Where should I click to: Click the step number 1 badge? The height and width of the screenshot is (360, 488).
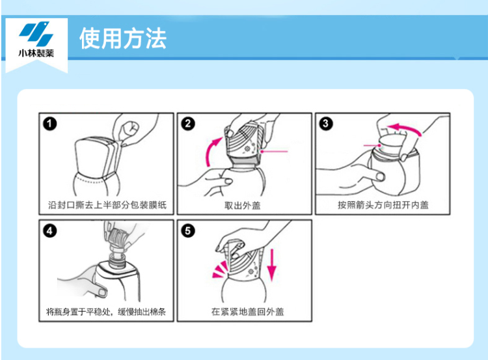point(50,124)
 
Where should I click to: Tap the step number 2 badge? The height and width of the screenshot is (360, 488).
point(188,124)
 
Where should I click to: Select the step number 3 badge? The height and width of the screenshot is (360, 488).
point(326,124)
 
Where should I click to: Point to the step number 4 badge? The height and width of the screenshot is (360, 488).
point(50,231)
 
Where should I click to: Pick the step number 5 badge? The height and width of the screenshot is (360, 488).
point(188,231)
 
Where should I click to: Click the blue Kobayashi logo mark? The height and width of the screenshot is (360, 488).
point(36,34)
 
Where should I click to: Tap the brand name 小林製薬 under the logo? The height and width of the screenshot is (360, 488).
point(36,53)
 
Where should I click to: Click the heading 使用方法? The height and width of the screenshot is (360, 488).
point(123,38)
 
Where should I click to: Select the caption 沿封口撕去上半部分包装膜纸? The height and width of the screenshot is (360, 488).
point(107,205)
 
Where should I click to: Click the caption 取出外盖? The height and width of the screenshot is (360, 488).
point(243,205)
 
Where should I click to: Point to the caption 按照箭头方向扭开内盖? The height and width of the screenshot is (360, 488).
point(383,205)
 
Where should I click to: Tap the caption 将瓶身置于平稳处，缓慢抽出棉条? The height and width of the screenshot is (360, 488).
point(106,311)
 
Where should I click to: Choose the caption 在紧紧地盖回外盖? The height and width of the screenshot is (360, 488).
point(247,311)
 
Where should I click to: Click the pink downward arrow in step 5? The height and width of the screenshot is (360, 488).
point(272,265)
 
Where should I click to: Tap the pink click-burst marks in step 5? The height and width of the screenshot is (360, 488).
point(220,270)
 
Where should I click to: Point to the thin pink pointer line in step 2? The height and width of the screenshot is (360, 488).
point(275,152)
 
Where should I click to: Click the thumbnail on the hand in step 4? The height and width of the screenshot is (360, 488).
point(102,292)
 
